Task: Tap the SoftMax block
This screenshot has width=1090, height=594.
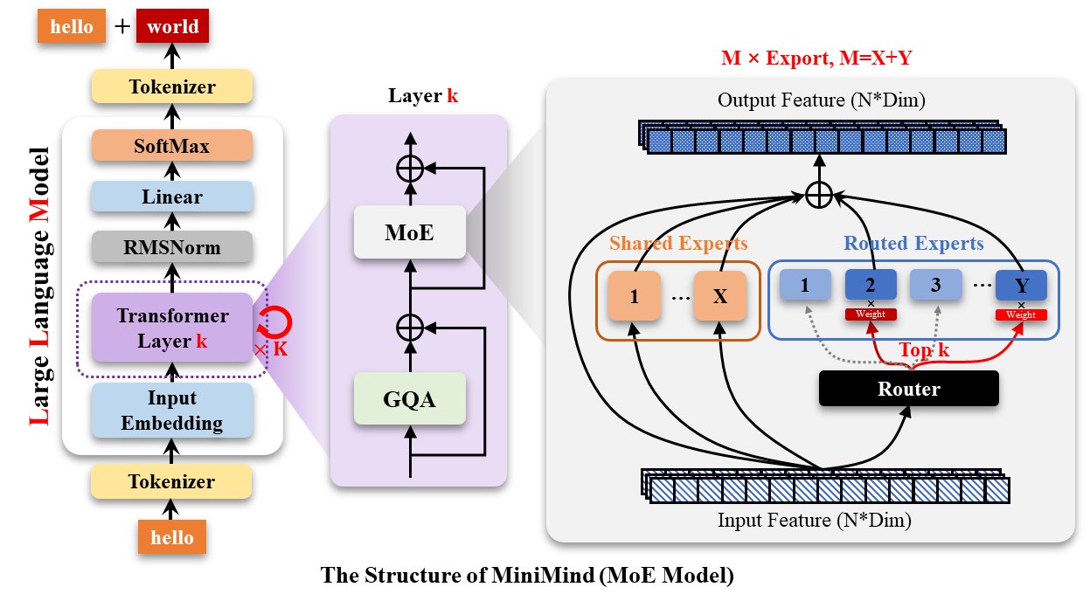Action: [172, 146]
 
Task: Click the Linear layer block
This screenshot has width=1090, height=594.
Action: [172, 197]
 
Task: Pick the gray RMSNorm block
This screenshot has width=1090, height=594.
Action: [172, 248]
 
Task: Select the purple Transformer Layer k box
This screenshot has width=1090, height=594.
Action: [170, 328]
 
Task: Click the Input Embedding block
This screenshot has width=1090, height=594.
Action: [172, 411]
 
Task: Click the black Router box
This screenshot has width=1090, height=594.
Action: [908, 389]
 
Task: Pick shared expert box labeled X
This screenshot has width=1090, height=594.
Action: [719, 295]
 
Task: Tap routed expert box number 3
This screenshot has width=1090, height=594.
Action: [935, 286]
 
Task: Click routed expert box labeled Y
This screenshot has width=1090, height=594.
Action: [1020, 286]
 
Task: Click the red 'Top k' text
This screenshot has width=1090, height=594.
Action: [923, 350]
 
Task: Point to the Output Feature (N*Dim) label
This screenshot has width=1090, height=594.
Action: [821, 101]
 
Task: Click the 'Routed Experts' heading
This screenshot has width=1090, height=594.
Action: [913, 244]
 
